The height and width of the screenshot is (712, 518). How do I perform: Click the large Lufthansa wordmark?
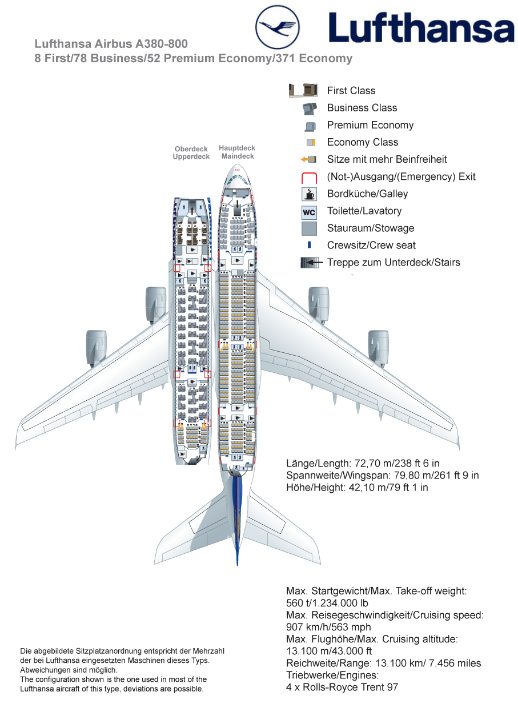pyautogui.click(x=421, y=28)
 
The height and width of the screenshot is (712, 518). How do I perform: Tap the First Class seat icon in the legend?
pyautogui.click(x=303, y=90)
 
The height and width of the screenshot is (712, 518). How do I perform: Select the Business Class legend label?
pyautogui.click(x=362, y=108)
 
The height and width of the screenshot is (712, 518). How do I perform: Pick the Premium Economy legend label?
pyautogui.click(x=370, y=125)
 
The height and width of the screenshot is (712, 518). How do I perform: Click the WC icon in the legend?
pyautogui.click(x=309, y=212)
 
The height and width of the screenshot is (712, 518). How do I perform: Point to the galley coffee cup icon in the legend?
pyautogui.click(x=309, y=194)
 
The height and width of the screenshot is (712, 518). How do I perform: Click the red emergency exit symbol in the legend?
pyautogui.click(x=309, y=177)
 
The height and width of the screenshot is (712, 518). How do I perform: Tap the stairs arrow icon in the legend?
pyautogui.click(x=309, y=263)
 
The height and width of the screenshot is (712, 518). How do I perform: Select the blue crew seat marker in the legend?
pyautogui.click(x=309, y=246)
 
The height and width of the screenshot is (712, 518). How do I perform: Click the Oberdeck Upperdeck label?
pyautogui.click(x=191, y=153)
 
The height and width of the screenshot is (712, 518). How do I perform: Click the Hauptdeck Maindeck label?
pyautogui.click(x=238, y=152)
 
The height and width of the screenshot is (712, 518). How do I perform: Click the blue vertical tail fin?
pyautogui.click(x=238, y=514)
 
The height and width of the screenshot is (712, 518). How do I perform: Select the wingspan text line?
pyautogui.click(x=382, y=475)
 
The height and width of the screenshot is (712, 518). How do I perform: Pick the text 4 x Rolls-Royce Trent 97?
pyautogui.click(x=342, y=687)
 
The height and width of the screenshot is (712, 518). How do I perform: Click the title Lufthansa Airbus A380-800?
pyautogui.click(x=111, y=44)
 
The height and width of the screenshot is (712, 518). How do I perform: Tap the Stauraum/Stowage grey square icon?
pyautogui.click(x=309, y=229)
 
